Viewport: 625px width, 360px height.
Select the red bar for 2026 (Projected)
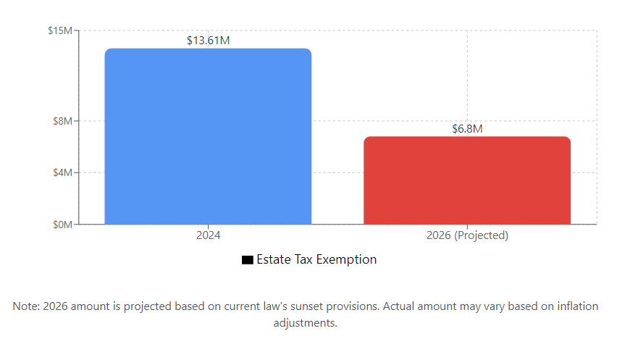(x=466, y=180)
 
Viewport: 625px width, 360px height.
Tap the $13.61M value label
(x=208, y=41)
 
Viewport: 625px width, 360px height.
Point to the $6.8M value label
(x=467, y=129)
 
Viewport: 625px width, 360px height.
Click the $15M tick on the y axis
(x=60, y=30)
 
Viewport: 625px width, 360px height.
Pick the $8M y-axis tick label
(x=62, y=121)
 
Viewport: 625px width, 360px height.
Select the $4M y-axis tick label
(x=62, y=172)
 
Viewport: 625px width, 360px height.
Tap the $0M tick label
(x=62, y=225)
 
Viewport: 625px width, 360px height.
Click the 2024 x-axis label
(x=208, y=235)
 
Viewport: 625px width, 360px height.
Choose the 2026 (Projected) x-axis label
(x=467, y=235)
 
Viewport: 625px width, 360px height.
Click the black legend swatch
(x=247, y=260)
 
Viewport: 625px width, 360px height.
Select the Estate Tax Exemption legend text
(x=316, y=259)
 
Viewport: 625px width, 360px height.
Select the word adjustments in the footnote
(x=304, y=323)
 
